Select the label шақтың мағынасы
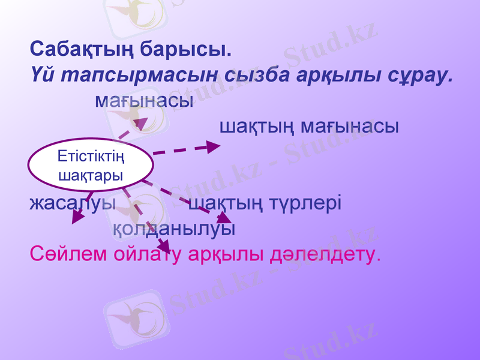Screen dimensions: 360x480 coord(309,127)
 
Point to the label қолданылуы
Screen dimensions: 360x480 coord(173,229)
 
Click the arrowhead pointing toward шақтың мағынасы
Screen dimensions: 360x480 coord(214,146)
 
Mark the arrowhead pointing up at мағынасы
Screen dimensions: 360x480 coord(141,124)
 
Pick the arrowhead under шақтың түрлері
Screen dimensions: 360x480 coord(224,217)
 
